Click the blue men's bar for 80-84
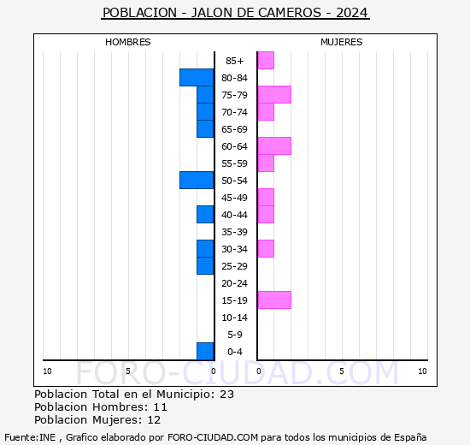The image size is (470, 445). (197, 77)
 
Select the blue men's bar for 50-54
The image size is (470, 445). (197, 180)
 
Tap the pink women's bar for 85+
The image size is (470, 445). (266, 60)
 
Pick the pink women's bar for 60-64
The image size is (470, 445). (274, 145)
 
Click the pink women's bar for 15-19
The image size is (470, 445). (274, 300)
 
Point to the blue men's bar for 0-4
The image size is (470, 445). (205, 351)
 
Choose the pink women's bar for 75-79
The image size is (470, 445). (274, 94)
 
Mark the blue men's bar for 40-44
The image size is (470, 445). (205, 214)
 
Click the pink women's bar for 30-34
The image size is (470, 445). (266, 248)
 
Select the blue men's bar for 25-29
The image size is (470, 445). (205, 265)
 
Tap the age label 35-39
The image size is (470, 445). (235, 232)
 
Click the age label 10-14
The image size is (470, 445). (235, 317)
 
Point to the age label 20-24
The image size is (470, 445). (235, 283)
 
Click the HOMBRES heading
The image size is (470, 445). (128, 42)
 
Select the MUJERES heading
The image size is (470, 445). (341, 42)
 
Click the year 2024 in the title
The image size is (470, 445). (352, 13)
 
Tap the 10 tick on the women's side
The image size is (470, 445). (422, 371)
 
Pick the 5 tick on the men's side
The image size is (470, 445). (127, 371)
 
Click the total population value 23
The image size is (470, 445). (226, 395)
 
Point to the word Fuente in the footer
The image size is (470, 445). (21, 436)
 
